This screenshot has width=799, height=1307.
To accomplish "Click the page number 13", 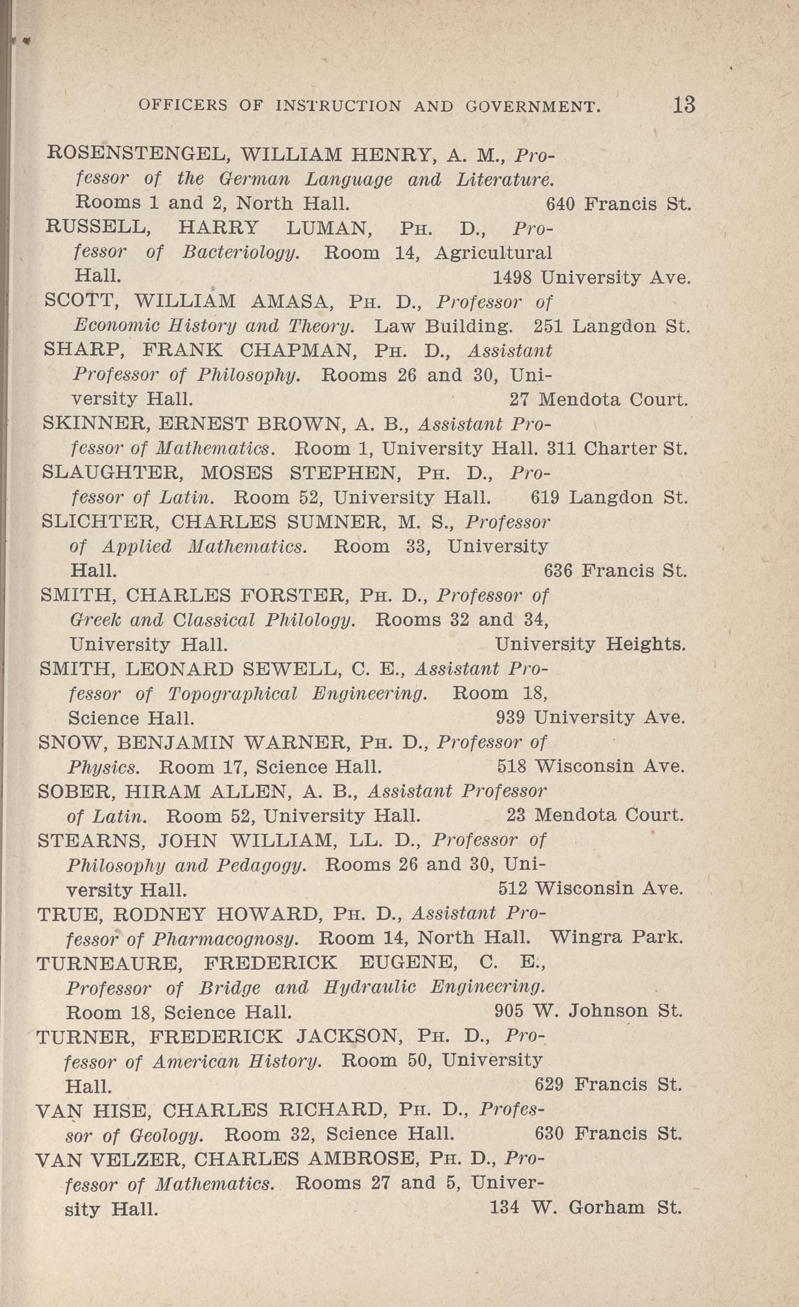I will point(684,105).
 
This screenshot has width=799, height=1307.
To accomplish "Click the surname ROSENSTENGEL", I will point(135,154).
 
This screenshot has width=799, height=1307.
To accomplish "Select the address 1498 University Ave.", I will point(590,277).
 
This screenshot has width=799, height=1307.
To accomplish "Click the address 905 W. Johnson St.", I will point(588,1011).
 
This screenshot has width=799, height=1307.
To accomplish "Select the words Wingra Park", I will point(616,937).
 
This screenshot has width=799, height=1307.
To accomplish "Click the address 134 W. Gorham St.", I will point(585,1208).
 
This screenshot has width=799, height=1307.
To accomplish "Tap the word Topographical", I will point(232,694).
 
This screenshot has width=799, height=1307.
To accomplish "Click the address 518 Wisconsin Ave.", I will point(590,767).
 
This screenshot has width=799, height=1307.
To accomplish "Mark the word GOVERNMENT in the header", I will point(533,106).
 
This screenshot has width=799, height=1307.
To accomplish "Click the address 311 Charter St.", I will point(616,449).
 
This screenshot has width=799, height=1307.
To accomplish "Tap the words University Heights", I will point(590,644).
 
